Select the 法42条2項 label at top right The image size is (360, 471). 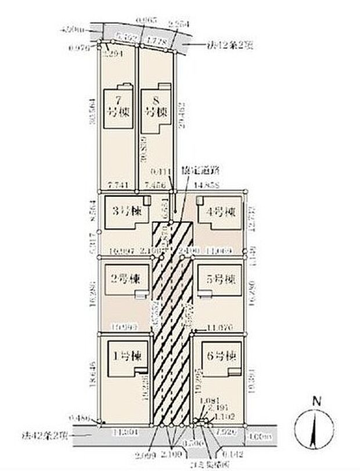pos(227,44)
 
